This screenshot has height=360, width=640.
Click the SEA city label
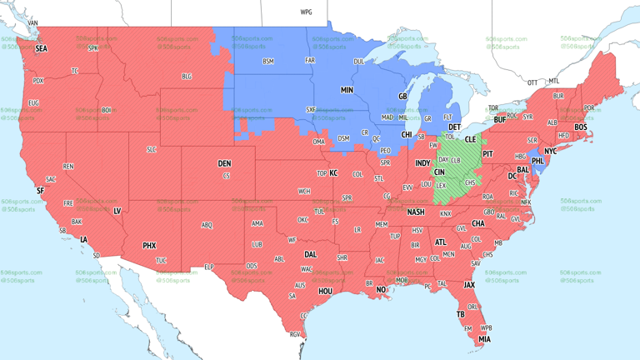(41, 49)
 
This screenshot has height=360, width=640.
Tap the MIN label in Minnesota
(347, 89)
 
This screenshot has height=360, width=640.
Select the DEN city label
(224, 163)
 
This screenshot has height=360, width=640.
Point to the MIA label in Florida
(484, 339)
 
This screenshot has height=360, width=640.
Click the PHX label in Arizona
(149, 246)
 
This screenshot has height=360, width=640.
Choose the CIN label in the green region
(439, 172)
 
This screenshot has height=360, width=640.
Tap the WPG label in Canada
(306, 12)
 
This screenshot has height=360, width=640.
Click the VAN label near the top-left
(32, 22)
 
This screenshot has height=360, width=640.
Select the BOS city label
(580, 127)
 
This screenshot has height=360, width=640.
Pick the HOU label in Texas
(325, 292)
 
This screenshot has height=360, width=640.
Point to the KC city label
(333, 172)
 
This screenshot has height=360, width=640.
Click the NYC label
(550, 152)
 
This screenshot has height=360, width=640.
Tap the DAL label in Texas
(310, 255)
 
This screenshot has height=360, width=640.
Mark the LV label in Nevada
(117, 212)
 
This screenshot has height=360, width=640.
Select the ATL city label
(440, 242)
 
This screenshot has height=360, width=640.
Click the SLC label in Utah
(151, 149)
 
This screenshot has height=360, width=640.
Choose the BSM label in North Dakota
(267, 62)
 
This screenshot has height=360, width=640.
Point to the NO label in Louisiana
(381, 290)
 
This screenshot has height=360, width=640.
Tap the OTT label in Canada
(532, 82)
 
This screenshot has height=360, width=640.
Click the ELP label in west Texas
(209, 267)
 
